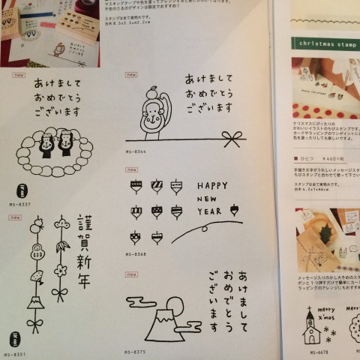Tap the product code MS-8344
click(136, 152)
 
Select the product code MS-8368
click(136, 253)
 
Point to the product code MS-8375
click(136, 349)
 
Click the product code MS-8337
click(21, 203)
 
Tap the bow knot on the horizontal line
click(238, 139)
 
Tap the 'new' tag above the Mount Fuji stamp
click(130, 274)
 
